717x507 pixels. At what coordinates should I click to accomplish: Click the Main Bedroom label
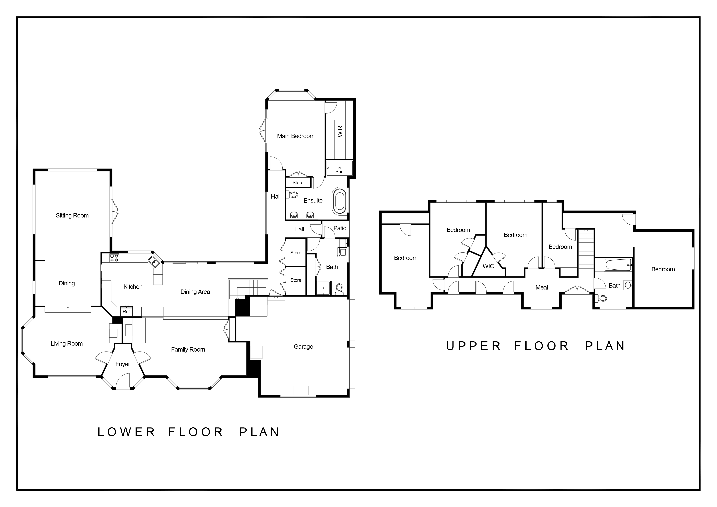(x=296, y=136)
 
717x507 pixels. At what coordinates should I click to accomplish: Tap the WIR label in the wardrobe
(x=340, y=131)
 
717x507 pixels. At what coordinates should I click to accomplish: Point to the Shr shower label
(x=339, y=171)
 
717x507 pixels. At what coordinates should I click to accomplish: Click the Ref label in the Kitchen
(x=126, y=312)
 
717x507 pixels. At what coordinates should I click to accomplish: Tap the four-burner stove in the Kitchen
(x=114, y=258)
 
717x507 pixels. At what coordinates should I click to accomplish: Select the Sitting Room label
(x=72, y=215)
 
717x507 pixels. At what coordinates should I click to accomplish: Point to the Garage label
(x=303, y=346)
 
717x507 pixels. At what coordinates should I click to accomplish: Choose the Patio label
(x=340, y=228)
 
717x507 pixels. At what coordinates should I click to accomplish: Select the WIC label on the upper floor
(x=488, y=266)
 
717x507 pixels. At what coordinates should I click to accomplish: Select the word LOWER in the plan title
(x=127, y=432)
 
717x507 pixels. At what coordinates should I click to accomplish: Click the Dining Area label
(x=195, y=292)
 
